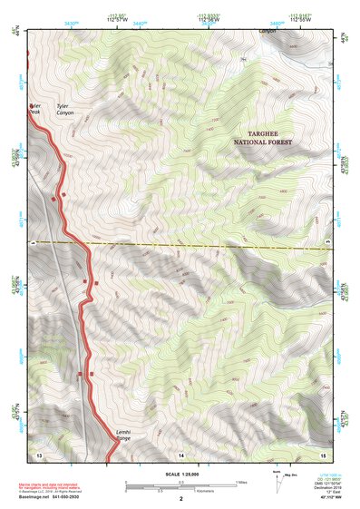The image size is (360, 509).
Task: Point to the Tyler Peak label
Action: coord(35,109)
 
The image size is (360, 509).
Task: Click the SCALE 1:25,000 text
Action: coord(181,474)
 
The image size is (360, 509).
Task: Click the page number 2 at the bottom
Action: coord(181,499)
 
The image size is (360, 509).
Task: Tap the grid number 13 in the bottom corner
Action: coord(39,452)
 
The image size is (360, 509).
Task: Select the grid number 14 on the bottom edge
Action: coord(181,452)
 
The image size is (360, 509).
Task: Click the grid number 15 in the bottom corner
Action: coord(323,452)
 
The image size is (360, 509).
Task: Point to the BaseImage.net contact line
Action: coord(56,497)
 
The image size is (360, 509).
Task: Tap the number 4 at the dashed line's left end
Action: coord(34,243)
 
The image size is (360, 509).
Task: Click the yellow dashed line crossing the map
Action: coord(181,244)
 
